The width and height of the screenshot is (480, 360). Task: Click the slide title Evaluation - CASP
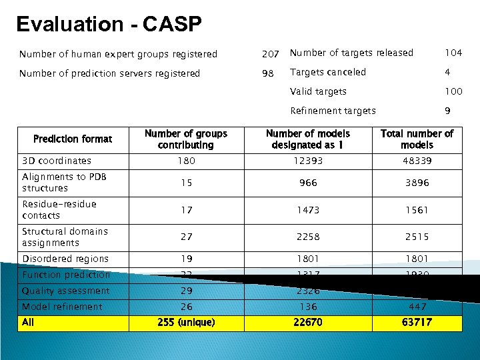[109, 25]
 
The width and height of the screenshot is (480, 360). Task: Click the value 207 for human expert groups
[270, 54]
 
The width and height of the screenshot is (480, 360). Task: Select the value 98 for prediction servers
[268, 73]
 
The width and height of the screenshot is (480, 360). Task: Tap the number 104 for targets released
[453, 53]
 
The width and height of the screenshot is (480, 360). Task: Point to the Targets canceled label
[328, 72]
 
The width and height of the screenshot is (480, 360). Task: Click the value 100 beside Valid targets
[453, 91]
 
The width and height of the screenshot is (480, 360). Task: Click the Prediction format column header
[73, 139]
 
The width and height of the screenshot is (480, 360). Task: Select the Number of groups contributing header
[186, 139]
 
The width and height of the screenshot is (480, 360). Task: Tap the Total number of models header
[417, 139]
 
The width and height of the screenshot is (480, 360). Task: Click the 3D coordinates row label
[57, 161]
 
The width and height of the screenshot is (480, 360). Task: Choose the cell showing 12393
[308, 161]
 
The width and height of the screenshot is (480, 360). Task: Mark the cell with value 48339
[416, 161]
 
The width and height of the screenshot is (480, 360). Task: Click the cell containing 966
[308, 183]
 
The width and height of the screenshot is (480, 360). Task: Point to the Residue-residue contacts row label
[59, 209]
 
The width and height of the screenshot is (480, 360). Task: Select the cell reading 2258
[308, 237]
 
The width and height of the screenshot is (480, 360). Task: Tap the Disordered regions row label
[65, 259]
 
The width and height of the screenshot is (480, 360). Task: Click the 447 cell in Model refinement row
[417, 307]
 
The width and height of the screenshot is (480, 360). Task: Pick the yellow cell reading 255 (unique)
[186, 323]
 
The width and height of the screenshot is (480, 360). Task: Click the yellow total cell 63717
[417, 323]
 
